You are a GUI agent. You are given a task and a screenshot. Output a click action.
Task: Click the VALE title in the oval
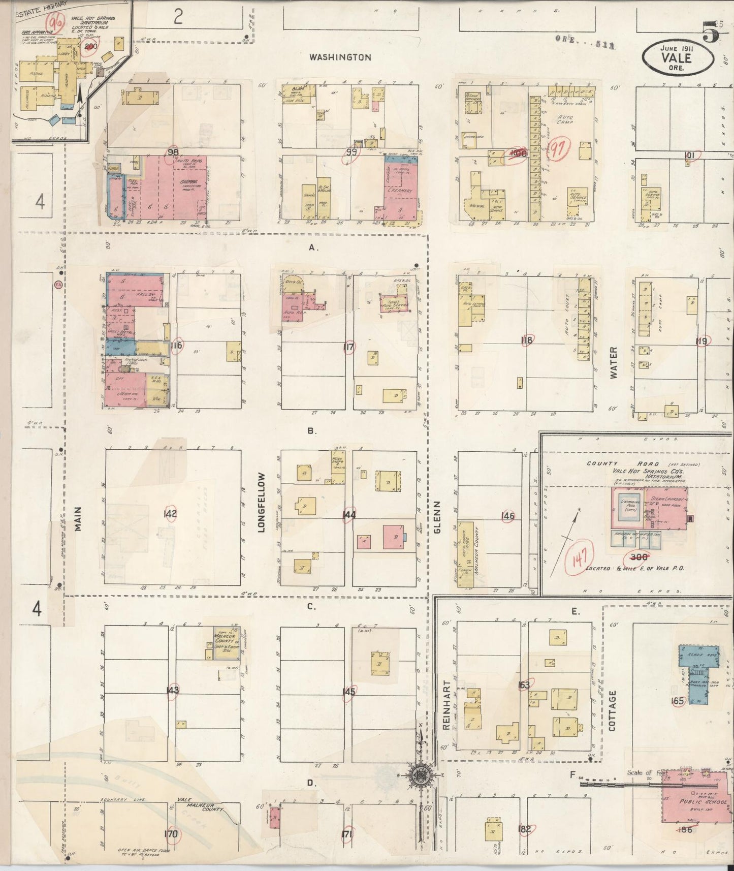point(677,58)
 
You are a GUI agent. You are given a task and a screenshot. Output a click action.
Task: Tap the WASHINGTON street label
point(340,57)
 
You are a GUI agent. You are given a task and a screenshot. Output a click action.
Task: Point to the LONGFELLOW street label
point(262,502)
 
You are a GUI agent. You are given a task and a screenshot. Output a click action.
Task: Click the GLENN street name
point(437,517)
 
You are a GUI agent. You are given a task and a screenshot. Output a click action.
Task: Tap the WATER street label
point(614,362)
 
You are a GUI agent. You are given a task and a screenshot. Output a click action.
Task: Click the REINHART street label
point(447,705)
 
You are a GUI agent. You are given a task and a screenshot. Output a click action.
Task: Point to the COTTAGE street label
point(612,710)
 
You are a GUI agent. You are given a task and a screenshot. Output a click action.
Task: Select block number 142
point(170,514)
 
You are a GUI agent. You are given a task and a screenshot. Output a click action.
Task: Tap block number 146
point(507,516)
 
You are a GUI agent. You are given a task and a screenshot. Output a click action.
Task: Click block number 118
point(527,340)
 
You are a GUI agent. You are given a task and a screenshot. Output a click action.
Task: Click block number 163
point(523,685)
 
